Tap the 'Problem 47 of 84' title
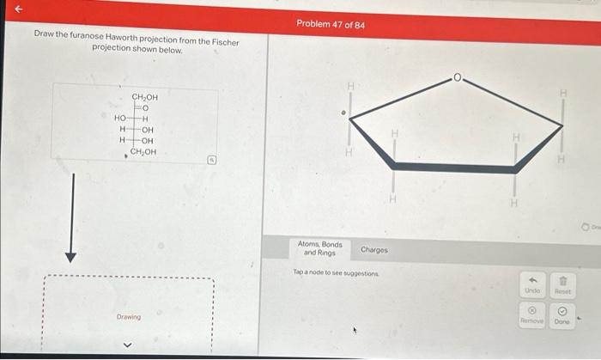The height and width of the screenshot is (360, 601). click(x=331, y=24)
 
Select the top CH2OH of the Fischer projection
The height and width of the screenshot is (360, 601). click(x=144, y=98)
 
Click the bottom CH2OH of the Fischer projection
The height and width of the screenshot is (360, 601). click(x=143, y=152)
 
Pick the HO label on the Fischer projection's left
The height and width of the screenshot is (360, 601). click(x=120, y=119)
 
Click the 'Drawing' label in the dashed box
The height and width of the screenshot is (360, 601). click(x=129, y=317)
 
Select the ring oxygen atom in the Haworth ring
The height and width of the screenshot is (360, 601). click(x=459, y=78)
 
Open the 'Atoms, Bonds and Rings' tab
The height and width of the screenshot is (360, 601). click(x=319, y=249)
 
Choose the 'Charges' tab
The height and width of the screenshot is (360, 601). click(x=374, y=250)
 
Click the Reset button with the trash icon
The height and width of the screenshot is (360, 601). click(x=562, y=284)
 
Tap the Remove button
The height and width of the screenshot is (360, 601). click(x=532, y=315)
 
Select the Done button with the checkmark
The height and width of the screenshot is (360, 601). click(x=562, y=315)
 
